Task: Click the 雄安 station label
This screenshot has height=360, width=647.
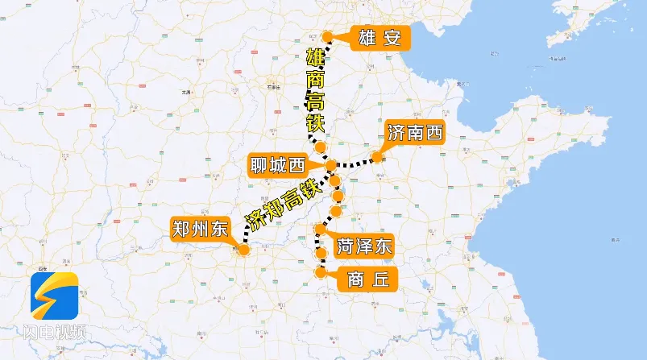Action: pos(379,37)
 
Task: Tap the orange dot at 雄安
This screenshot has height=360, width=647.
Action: pos(328,36)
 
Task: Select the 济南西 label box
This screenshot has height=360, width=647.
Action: pos(415,132)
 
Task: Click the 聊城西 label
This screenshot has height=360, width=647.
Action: pos(277,167)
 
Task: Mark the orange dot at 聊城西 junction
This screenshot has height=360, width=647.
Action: pos(330,165)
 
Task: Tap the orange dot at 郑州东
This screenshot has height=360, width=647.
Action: pos(244,250)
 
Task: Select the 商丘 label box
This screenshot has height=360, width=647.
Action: pos(368,279)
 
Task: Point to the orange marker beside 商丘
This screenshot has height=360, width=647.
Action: pos(321,272)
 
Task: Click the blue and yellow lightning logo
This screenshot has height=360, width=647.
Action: pos(54,296)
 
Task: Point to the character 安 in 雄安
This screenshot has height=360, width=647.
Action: pos(392,37)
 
